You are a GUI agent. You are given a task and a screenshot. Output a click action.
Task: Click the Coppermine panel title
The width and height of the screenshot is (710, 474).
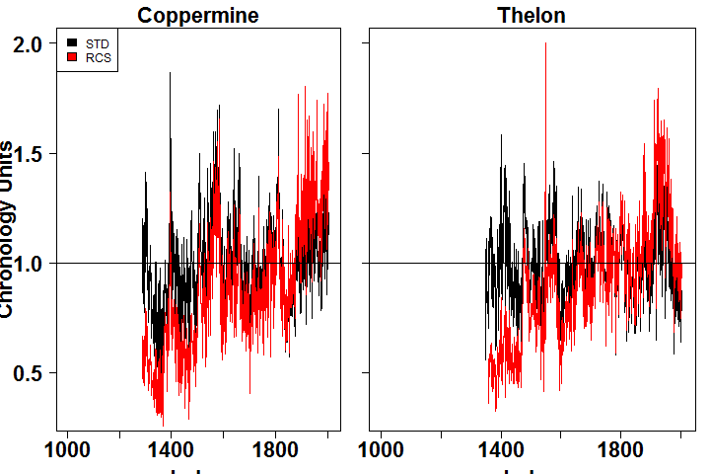pos(198,16)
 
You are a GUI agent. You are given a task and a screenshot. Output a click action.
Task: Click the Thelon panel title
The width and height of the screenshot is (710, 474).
pos(532,16)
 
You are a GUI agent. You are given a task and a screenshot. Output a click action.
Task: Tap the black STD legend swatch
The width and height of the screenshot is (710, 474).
pos(73,44)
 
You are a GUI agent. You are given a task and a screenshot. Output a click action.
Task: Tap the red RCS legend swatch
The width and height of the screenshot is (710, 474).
pos(73,58)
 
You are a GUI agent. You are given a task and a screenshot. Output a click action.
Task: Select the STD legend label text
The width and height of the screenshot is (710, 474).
pos(98,44)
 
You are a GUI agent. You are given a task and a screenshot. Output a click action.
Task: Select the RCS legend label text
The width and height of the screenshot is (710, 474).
pos(98,58)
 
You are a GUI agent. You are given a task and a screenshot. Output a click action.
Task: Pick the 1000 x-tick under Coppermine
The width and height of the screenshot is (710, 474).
pos(68,449)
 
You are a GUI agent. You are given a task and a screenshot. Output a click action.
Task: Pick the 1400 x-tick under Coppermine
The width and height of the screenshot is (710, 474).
pos(171,449)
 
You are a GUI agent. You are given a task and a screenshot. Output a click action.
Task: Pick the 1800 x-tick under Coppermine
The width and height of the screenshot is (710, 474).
pos(275,449)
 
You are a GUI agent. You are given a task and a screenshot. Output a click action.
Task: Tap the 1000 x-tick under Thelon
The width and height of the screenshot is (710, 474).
pos(382,449)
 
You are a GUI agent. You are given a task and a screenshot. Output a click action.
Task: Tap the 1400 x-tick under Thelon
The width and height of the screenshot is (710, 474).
pos(501,449)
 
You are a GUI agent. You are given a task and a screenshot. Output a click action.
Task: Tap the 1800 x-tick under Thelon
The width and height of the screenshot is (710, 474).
pos(621,449)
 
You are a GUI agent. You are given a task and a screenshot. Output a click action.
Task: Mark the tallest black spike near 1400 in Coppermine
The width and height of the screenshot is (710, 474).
pos(170,74)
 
